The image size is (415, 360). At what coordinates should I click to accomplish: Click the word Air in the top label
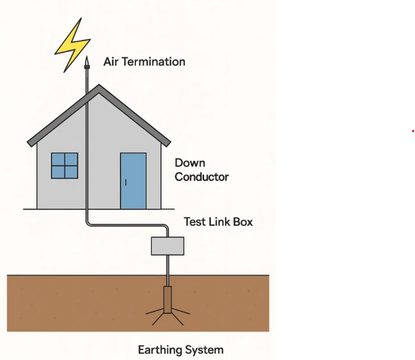pos(112,61)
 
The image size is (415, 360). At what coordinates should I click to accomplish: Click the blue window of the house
pos(64,166)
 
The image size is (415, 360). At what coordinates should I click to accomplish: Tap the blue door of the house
pos(133,180)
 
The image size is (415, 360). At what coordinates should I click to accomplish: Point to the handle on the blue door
pos(125,182)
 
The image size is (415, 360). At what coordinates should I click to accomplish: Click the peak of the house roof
pos(99,86)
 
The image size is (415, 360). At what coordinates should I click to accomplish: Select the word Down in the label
pos(190,163)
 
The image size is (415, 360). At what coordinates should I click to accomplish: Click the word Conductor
pos(202,177)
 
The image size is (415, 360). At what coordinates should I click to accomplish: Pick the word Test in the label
pos(194,222)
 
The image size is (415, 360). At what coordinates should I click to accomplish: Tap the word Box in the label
pos(243,222)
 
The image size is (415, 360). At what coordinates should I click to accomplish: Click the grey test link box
pos(168,245)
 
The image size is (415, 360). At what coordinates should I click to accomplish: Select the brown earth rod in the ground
pos(168,299)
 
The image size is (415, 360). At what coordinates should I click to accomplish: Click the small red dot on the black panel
pos(413,131)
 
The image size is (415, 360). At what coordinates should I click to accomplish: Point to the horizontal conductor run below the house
pos(127,225)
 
